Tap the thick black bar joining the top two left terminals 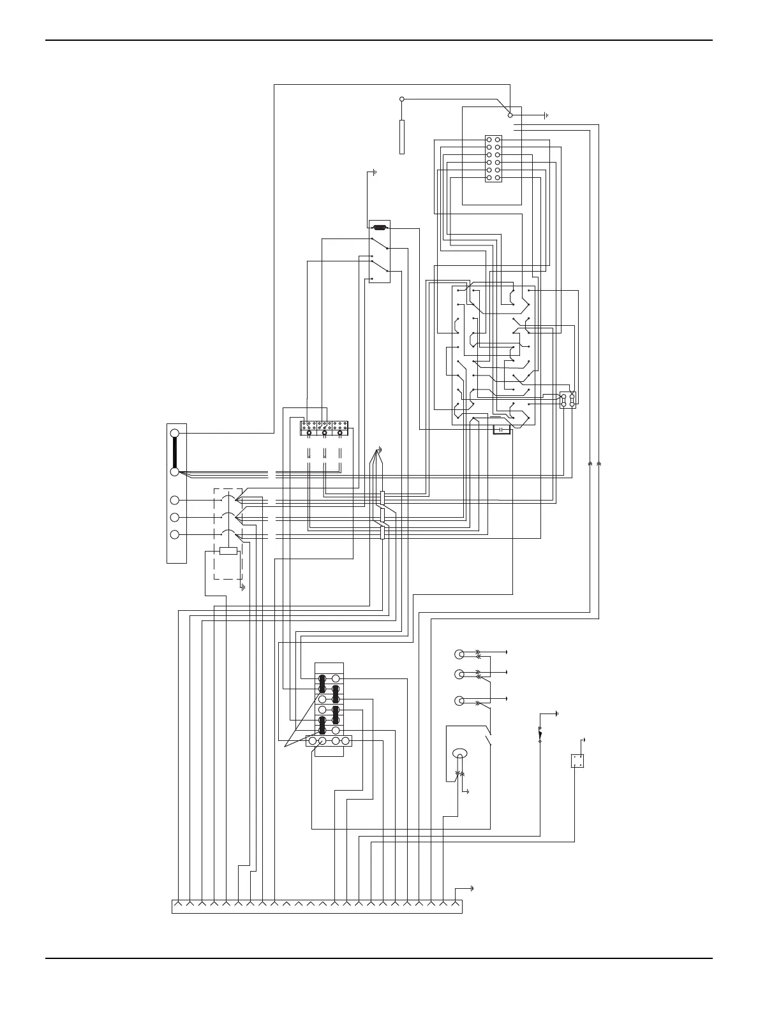click(x=175, y=453)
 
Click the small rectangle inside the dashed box click(x=228, y=551)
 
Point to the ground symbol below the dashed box click(x=242, y=586)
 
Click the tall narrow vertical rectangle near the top click(x=402, y=136)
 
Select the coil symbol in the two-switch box click(x=379, y=227)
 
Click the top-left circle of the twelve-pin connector click(x=489, y=139)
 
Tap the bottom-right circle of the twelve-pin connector click(x=498, y=178)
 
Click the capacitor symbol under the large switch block click(x=502, y=430)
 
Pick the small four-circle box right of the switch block click(x=568, y=400)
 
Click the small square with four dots click(x=577, y=761)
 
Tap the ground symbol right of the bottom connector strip click(x=472, y=888)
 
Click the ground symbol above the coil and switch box click(x=375, y=172)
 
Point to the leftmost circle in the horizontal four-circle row click(x=313, y=741)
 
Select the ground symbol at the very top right click(x=546, y=115)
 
